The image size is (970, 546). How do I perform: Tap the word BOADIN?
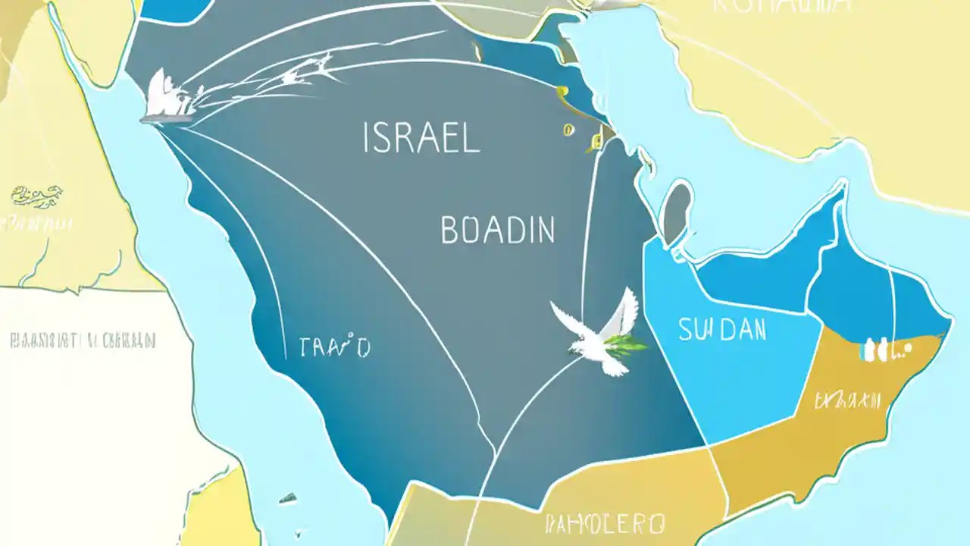point(497,230)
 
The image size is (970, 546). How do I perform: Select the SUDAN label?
point(722,330)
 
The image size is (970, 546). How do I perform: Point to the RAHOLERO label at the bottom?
point(605,522)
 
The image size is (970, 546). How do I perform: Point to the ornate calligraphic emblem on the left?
point(37,196)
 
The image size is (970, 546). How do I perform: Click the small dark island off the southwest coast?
point(287,498)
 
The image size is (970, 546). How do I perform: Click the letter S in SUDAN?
point(685,330)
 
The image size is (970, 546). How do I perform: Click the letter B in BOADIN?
point(449,230)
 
